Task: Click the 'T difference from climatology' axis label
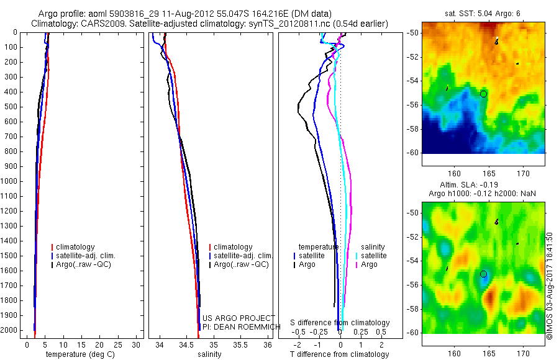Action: click(x=339, y=354)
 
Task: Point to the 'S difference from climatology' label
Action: click(x=340, y=323)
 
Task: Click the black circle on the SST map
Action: click(x=483, y=94)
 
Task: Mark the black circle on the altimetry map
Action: click(x=483, y=274)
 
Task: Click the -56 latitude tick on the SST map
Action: click(x=413, y=105)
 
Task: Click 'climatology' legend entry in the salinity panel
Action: click(x=232, y=247)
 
